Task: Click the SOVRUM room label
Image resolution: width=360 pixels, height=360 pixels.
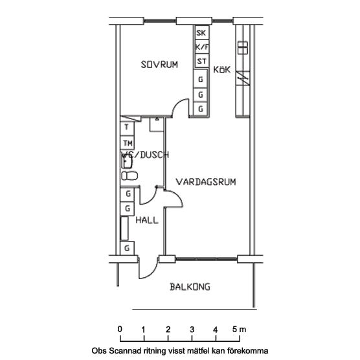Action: pos(159,65)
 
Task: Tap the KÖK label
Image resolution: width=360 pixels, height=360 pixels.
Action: pos(222,69)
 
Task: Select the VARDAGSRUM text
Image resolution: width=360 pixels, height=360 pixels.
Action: pos(206,182)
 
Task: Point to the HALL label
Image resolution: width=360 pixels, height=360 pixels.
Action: pos(147,220)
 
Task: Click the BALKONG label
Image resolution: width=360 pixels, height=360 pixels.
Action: pos(190,287)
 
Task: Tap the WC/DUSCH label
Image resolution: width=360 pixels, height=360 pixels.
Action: pos(145,155)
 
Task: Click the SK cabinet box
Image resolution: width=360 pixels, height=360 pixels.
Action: pos(202,32)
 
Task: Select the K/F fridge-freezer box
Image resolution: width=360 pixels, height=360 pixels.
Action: pos(202,47)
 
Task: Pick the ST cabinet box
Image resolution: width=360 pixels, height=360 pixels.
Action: pos(202,61)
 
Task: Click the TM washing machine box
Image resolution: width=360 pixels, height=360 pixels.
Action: pos(127,143)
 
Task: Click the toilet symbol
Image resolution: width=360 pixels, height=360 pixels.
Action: pos(129,176)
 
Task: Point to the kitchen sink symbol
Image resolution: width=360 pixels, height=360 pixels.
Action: pos(242,47)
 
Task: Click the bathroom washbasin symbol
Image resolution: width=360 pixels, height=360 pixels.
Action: pos(127,161)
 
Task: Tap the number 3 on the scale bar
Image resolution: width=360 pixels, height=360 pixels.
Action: pos(192,330)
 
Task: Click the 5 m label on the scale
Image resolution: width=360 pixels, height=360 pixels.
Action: pos(239,330)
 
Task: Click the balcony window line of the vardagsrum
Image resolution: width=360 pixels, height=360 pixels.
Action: pos(207,259)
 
